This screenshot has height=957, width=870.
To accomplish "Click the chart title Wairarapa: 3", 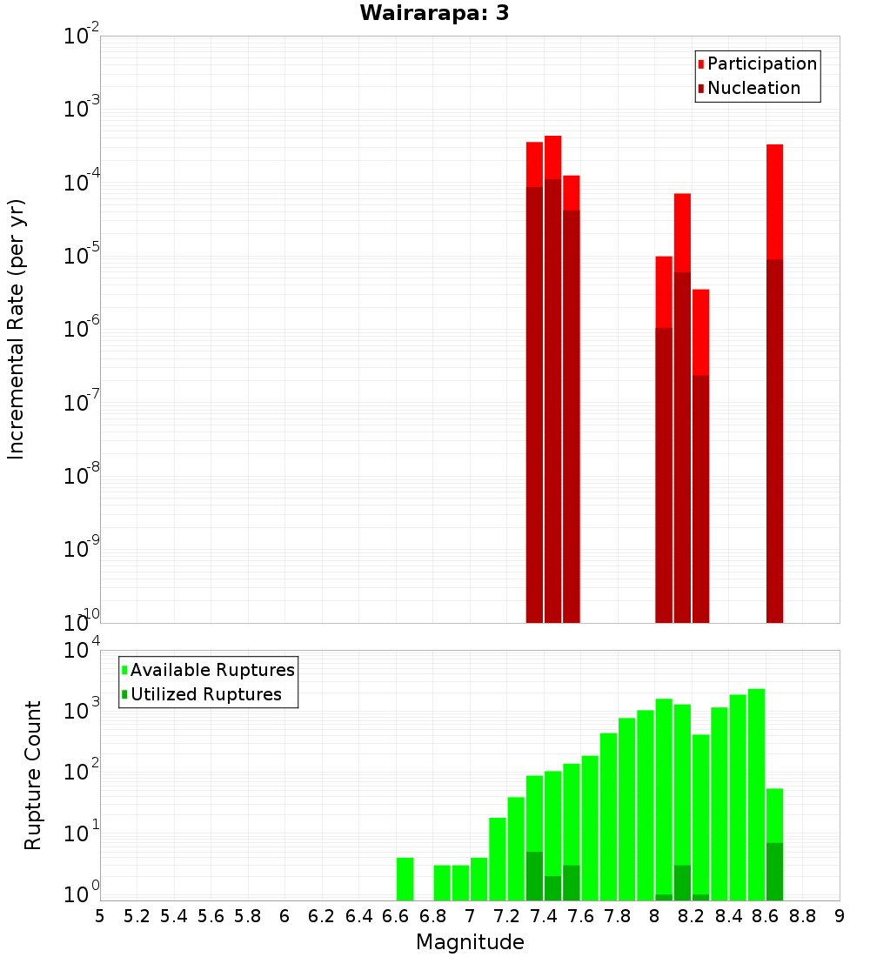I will [428, 13].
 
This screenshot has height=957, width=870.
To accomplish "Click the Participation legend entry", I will [761, 64].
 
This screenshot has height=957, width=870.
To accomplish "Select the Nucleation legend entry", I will [753, 89].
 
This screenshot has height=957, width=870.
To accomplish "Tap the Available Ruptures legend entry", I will [211, 671].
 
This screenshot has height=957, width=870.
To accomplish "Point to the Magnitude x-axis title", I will [470, 942].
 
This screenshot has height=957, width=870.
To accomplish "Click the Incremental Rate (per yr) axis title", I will [16, 330].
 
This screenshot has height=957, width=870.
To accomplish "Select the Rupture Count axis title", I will [33, 775].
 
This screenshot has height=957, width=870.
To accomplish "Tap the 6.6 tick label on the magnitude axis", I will [396, 916].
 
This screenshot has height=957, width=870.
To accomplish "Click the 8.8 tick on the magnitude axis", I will [802, 916].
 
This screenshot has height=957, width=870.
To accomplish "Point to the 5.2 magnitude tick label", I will [137, 916].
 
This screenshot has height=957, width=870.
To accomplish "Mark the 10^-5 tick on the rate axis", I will [81, 256].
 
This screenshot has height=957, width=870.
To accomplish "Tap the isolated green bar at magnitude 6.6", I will [405, 879].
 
